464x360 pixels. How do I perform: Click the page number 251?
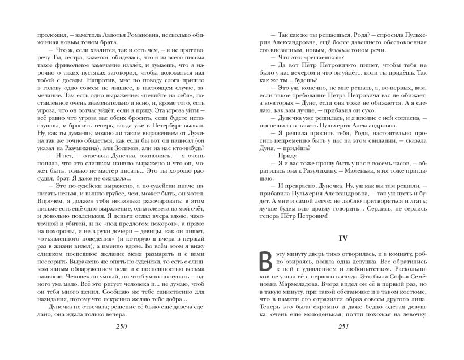pos(342,329)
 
